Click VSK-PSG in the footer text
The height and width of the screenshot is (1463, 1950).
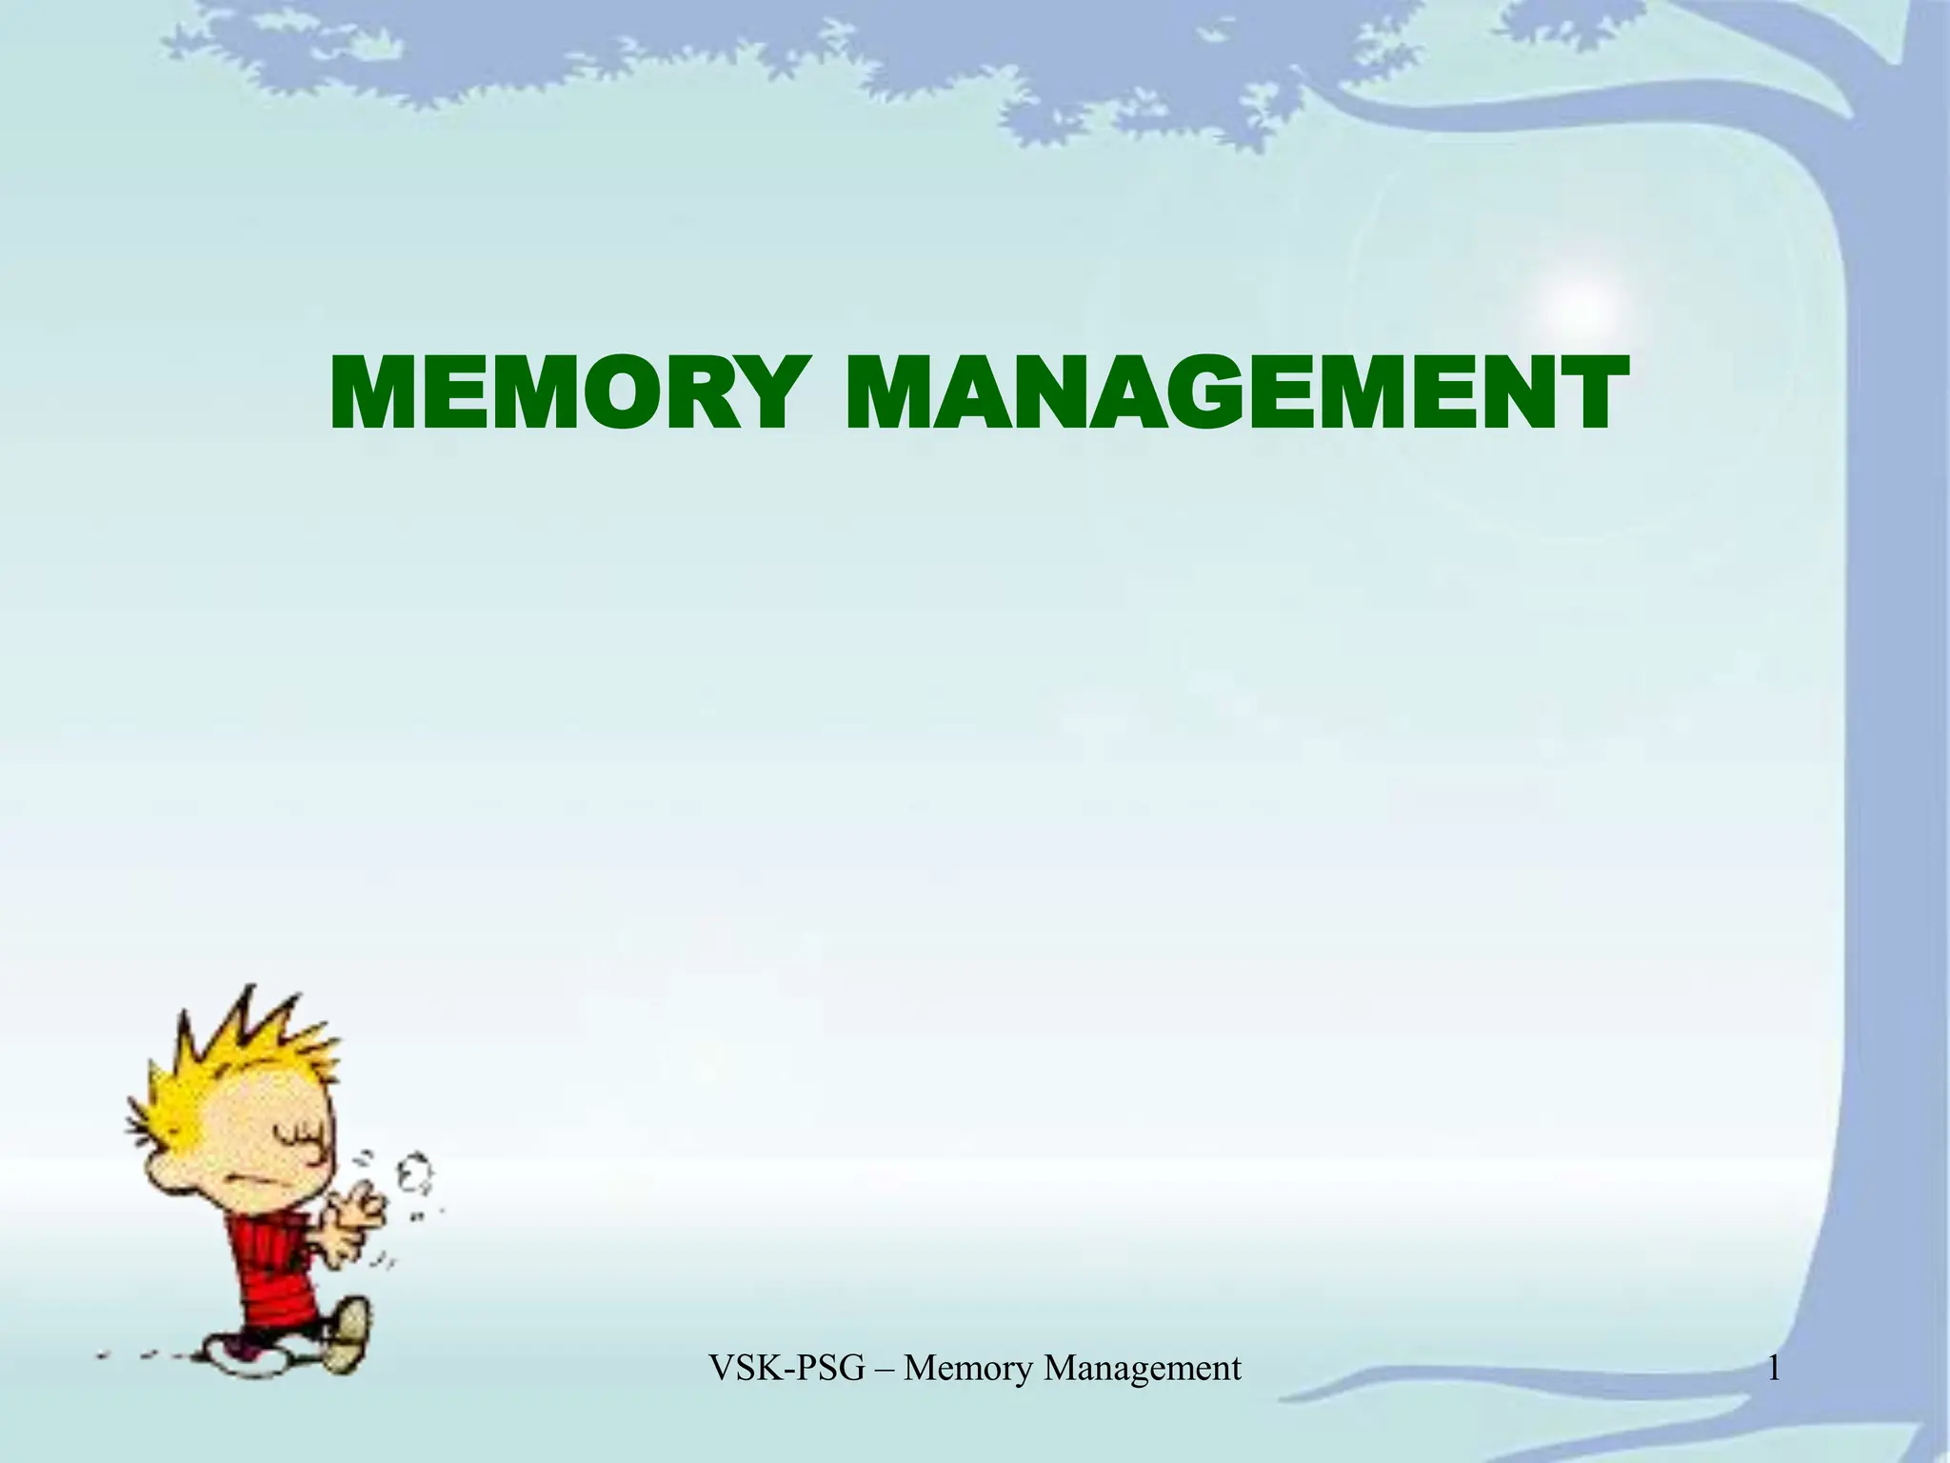pyautogui.click(x=787, y=1369)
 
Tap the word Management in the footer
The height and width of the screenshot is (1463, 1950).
pyautogui.click(x=1142, y=1369)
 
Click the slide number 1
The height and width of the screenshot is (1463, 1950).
pyautogui.click(x=1773, y=1369)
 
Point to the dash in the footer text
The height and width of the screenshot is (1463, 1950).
pyautogui.click(x=885, y=1369)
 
